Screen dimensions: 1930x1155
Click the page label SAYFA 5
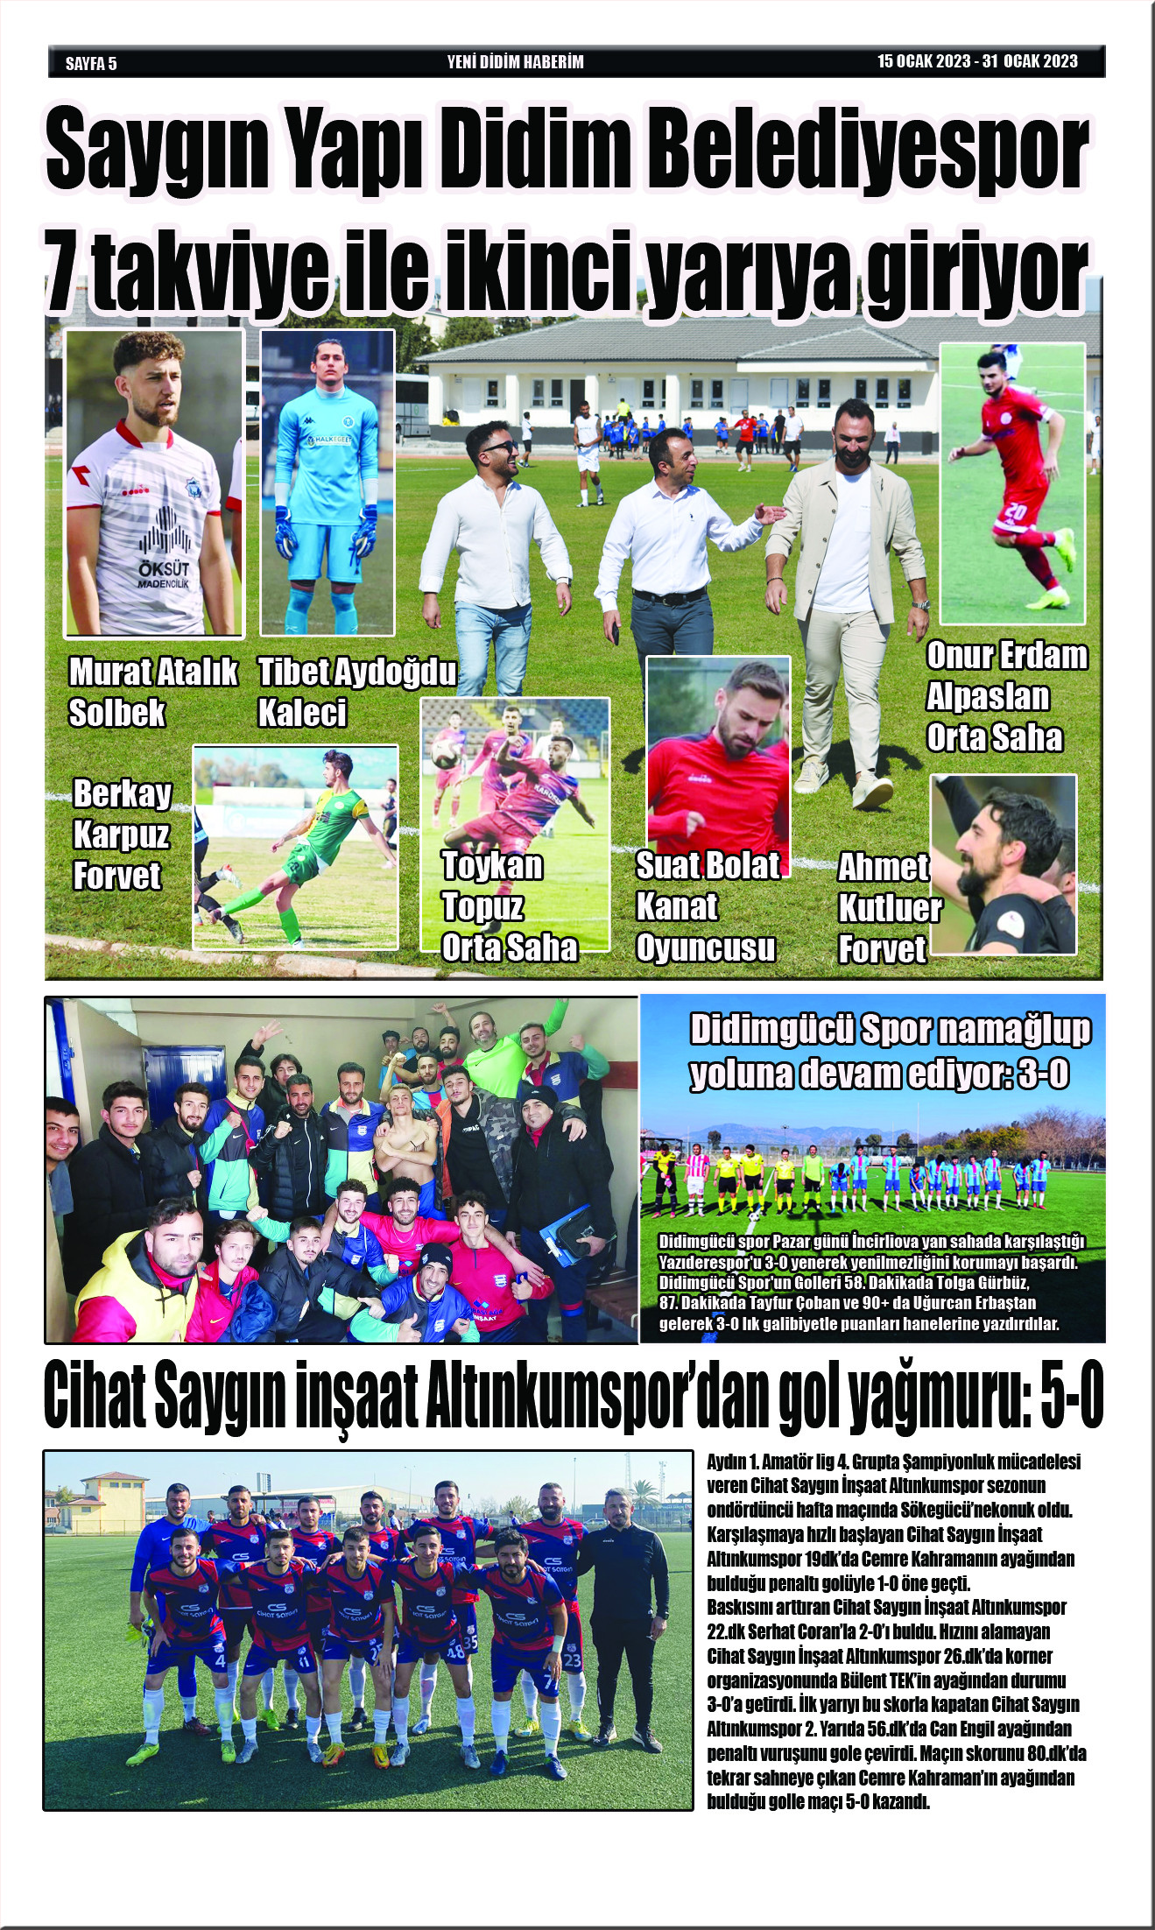point(91,63)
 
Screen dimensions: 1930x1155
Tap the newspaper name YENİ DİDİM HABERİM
point(515,62)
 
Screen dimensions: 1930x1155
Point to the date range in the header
point(977,61)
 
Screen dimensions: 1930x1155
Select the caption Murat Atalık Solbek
point(152,693)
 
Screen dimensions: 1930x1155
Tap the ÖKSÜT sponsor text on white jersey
point(164,570)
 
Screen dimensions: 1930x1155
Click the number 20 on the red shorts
point(1017,511)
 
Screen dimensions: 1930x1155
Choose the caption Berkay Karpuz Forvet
point(122,835)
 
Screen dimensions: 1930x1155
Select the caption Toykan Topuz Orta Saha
point(508,906)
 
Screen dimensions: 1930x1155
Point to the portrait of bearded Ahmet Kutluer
point(1004,864)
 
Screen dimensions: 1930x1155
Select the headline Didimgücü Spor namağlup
point(889,1031)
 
